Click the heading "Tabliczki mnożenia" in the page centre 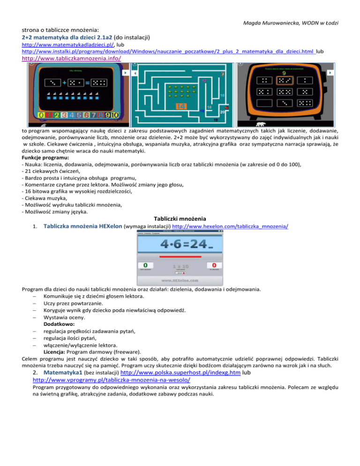[x=180, y=218]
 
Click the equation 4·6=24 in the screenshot [x=180, y=244]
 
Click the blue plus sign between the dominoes [x=63, y=83]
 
